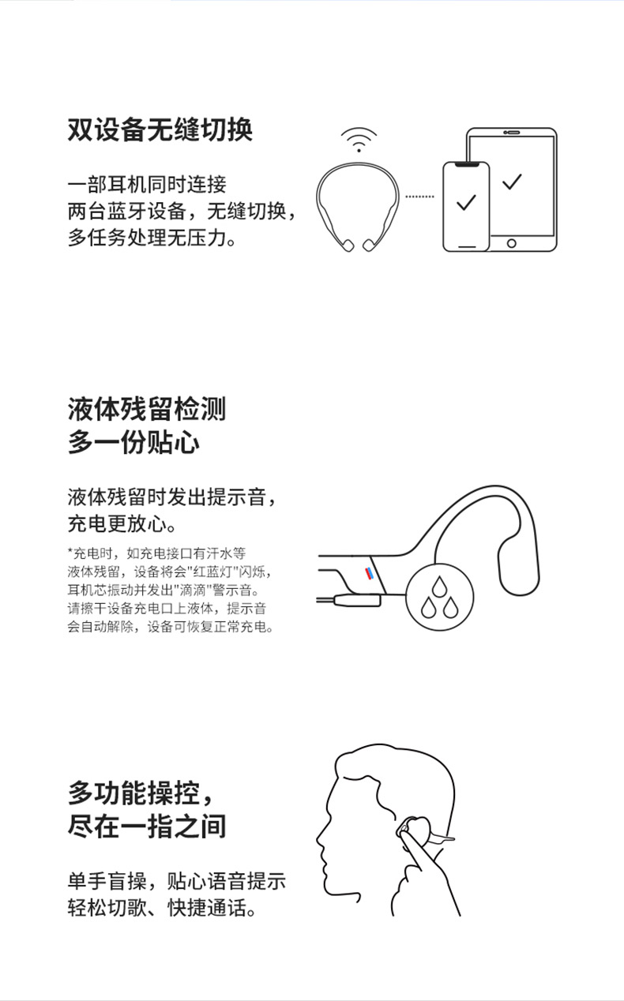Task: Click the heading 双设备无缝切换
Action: click(160, 130)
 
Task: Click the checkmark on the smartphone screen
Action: click(466, 202)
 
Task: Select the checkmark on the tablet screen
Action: click(512, 182)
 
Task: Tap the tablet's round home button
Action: click(511, 244)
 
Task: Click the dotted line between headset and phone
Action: click(419, 197)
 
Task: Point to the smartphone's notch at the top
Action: click(466, 164)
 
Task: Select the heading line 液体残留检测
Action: click(147, 409)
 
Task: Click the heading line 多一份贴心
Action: click(133, 442)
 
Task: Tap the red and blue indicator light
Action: click(369, 573)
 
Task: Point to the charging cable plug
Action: click(358, 600)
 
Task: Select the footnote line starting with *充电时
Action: click(157, 553)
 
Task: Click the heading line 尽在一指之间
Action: click(147, 826)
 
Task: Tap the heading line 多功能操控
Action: click(140, 793)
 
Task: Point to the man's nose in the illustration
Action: click(320, 838)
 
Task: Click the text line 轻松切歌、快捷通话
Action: click(161, 908)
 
